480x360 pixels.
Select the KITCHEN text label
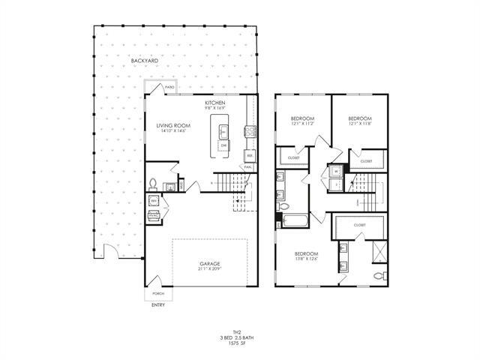[x=215, y=103]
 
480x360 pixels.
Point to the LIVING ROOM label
[x=172, y=127]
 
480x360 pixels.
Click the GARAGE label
[x=209, y=264]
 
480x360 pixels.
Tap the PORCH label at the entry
[x=157, y=293]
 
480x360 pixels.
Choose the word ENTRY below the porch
[x=157, y=305]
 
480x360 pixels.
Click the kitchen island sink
[x=223, y=133]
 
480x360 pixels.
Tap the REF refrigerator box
[x=249, y=156]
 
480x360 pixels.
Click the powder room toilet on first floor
[x=153, y=184]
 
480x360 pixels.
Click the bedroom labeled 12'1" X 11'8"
[x=359, y=121]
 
